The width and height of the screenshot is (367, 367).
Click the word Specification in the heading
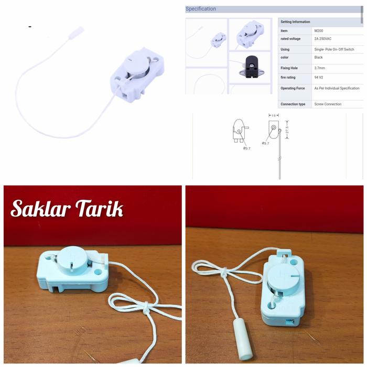(x=201, y=9)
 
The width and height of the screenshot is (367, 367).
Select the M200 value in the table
(x=319, y=31)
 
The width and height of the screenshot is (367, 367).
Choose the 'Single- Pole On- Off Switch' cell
(x=334, y=49)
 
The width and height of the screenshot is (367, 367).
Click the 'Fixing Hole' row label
(x=290, y=68)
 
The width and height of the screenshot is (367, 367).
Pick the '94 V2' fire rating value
(x=318, y=77)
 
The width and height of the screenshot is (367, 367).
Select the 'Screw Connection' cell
(x=328, y=104)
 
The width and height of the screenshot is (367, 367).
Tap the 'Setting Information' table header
(x=295, y=22)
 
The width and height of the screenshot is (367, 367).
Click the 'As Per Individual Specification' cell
(x=337, y=89)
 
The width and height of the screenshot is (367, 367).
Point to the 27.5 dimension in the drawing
(x=288, y=128)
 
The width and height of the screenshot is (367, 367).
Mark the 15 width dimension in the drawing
(x=273, y=115)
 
